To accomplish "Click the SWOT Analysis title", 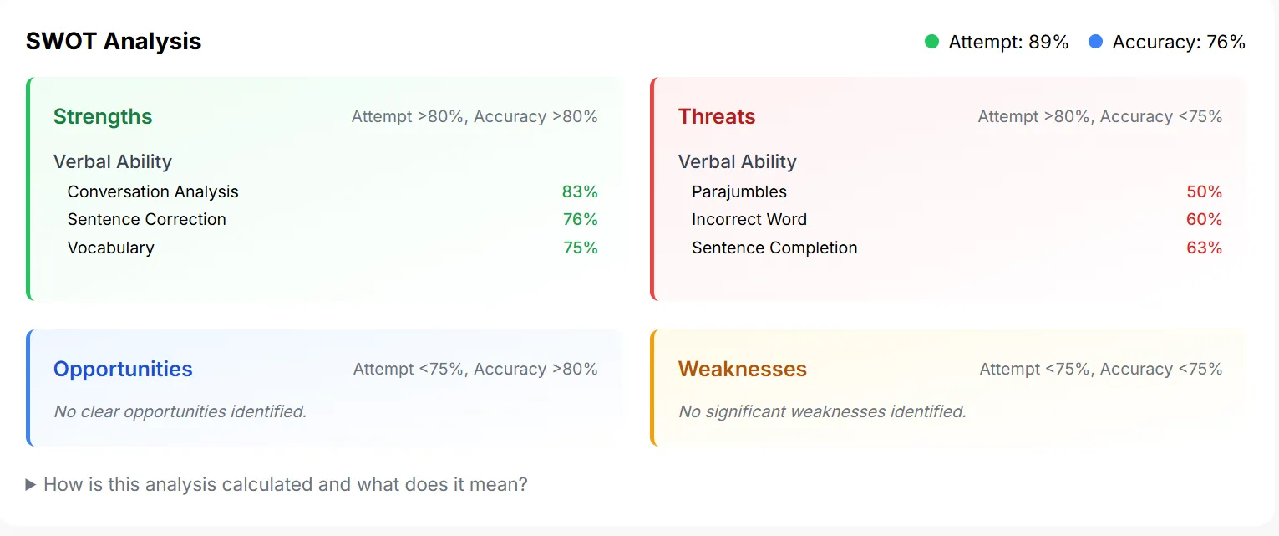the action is [114, 41].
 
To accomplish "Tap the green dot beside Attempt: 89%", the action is [931, 42].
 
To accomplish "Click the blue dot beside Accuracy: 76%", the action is [1095, 42].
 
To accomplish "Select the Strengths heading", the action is [103, 116].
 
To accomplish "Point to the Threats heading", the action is [717, 116].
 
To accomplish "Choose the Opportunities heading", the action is [123, 369].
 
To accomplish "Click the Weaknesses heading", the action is [743, 369].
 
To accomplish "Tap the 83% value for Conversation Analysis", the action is [580, 191].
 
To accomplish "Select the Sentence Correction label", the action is [147, 219].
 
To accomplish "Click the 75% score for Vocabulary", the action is [580, 248].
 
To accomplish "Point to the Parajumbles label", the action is [738, 191].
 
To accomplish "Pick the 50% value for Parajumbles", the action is [1204, 191].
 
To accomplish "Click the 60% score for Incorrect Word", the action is [1204, 219].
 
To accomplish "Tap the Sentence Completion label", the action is [774, 248].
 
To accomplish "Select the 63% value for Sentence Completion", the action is [1204, 248].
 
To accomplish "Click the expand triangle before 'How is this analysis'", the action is [31, 484].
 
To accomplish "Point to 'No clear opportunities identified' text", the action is [180, 411].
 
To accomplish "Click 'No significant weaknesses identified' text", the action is [822, 411].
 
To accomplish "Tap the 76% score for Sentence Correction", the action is [580, 219].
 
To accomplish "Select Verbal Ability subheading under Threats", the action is [737, 161].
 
